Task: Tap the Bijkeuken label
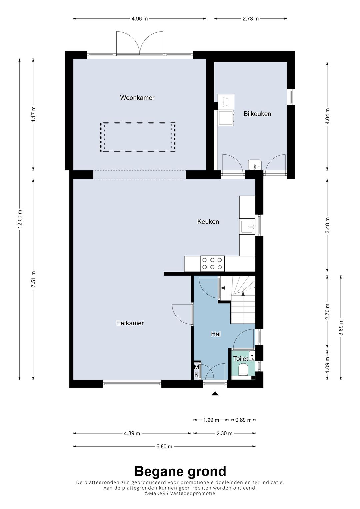[x=257, y=114]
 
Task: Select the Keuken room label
[x=208, y=222]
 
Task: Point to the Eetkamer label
[x=130, y=323]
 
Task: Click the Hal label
[x=216, y=334]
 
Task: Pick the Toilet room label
[x=241, y=359]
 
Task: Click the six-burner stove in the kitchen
[x=213, y=264]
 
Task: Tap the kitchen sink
[x=248, y=226]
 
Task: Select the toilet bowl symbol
[x=243, y=369]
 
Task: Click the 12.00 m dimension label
[x=20, y=219]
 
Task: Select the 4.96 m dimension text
[x=140, y=19]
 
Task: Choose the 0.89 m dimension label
[x=243, y=420]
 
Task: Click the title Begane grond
[x=180, y=471]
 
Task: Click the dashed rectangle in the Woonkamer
[x=138, y=137]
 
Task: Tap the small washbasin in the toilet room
[x=252, y=356]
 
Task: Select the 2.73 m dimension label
[x=250, y=19]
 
